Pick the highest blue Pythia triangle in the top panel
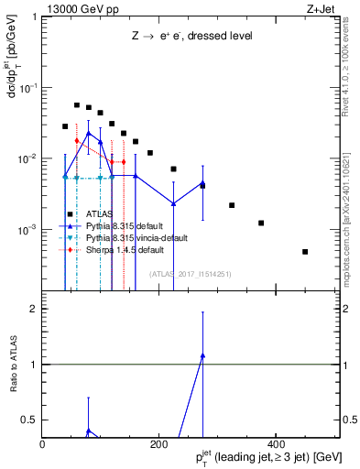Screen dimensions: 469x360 [x=88, y=133]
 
